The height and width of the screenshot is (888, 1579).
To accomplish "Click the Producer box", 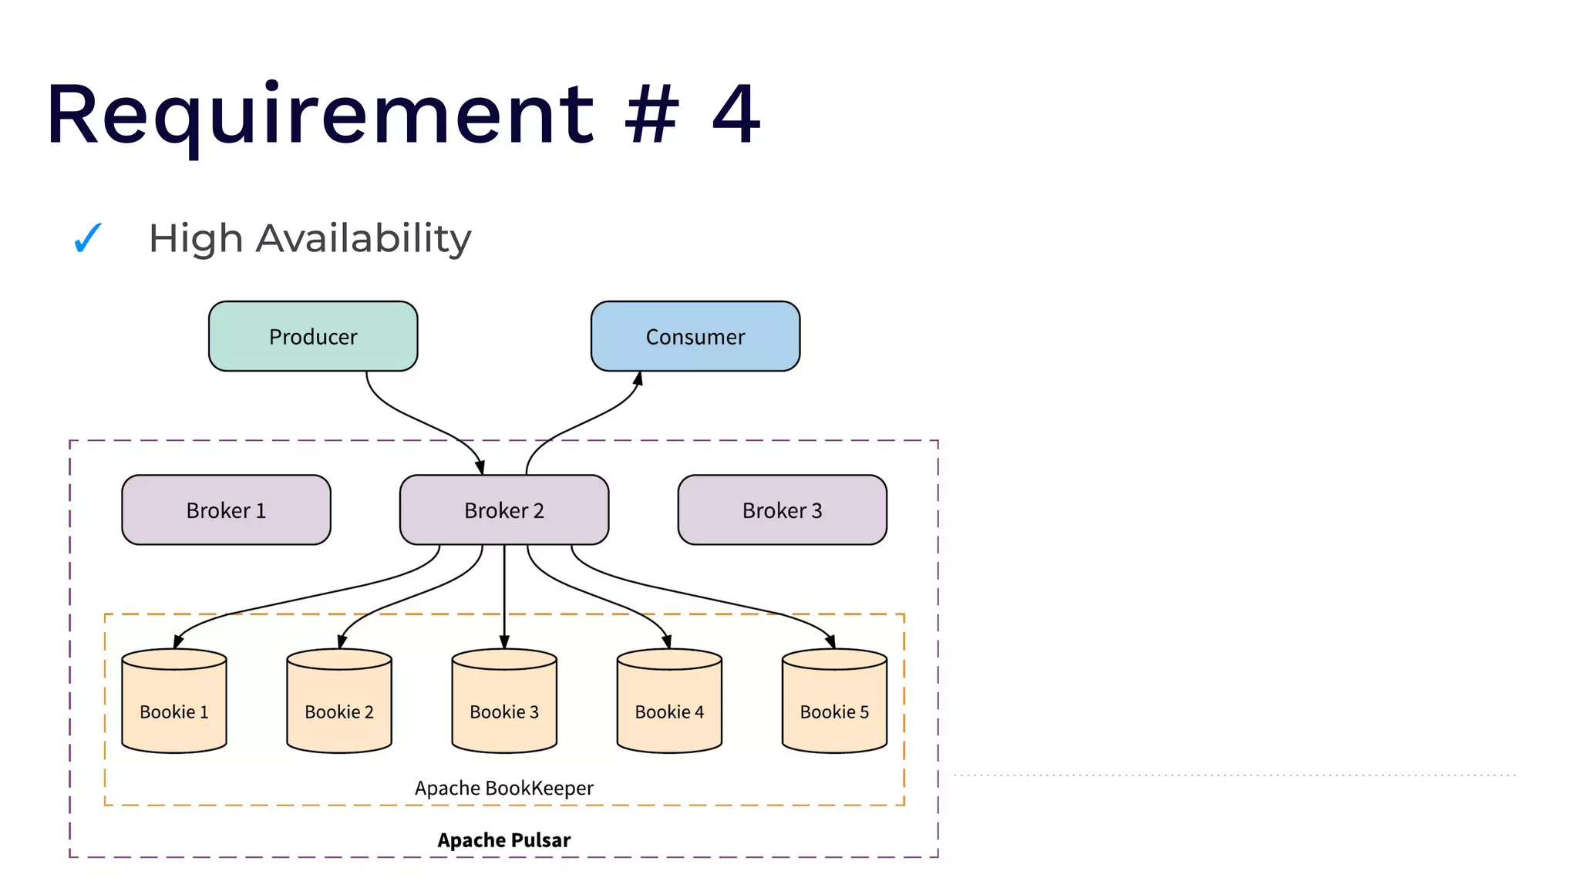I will [313, 336].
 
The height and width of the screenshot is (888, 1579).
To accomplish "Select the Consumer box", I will [695, 336].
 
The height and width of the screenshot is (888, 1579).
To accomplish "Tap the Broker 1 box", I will [226, 510].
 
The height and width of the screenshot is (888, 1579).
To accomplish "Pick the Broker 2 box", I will [503, 510].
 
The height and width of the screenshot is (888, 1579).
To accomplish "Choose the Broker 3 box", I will [782, 510].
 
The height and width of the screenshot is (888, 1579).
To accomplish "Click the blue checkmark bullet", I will [87, 237].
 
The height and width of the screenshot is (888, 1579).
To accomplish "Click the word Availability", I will [363, 238].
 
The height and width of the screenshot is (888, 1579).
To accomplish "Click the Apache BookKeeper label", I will [503, 788].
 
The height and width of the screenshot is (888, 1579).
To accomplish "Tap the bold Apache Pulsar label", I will [503, 839].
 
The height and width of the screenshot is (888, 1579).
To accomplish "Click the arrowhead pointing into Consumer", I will [638, 378].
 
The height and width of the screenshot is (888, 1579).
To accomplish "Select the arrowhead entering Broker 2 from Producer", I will [480, 468].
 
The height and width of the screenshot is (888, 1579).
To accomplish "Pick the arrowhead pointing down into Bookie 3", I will [504, 642].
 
